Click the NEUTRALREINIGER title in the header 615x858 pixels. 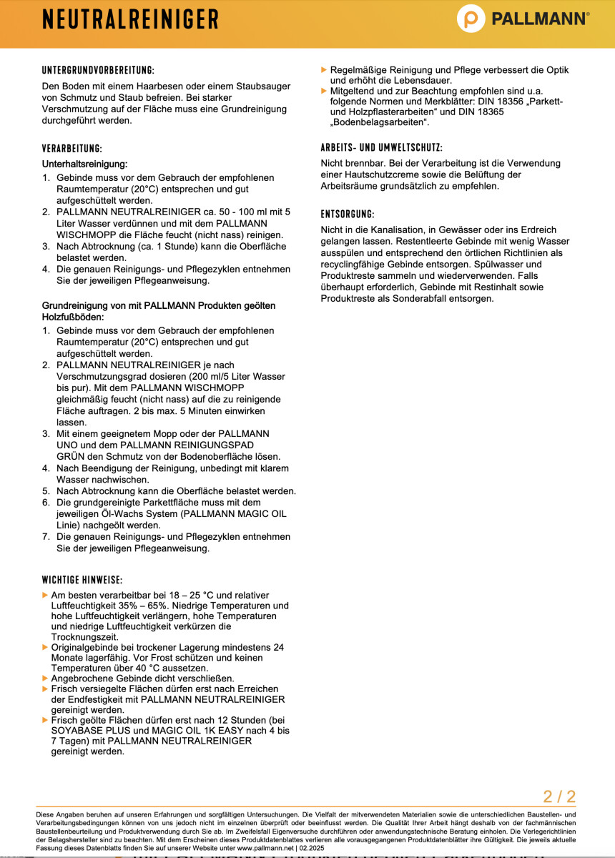click(130, 19)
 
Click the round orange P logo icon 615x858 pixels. click(471, 19)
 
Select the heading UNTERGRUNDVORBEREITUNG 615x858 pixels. click(98, 70)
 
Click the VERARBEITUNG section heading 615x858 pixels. click(72, 149)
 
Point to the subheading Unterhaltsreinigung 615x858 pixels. click(84, 164)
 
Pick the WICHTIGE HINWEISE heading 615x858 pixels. click(82, 579)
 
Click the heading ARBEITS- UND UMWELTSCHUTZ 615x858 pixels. click(381, 147)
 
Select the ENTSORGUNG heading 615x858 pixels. click(348, 214)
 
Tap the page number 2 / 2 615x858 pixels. click(559, 797)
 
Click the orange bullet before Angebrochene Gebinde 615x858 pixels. click(46, 678)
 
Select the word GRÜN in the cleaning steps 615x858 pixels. click(69, 456)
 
